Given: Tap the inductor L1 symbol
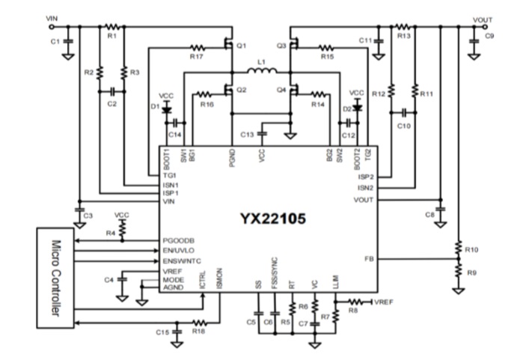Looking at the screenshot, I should point(261,72).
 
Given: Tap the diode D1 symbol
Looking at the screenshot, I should point(166,107).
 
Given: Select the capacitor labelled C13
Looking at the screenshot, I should point(262,133).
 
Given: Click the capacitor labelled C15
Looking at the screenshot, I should point(177,330).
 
